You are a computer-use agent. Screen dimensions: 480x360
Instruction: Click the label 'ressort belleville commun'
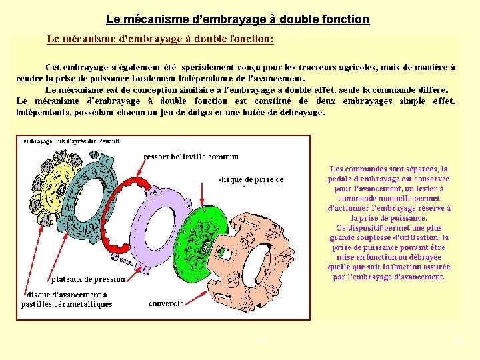tap(191, 157)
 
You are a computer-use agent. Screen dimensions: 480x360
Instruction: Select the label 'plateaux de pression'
tap(82, 279)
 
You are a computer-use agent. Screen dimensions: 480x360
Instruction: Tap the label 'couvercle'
tap(166, 303)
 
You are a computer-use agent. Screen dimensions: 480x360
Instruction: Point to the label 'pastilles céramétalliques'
tap(67, 304)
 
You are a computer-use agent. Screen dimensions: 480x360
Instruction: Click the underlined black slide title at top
tap(237, 20)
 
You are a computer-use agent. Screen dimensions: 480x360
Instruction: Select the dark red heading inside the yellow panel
tap(159, 39)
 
